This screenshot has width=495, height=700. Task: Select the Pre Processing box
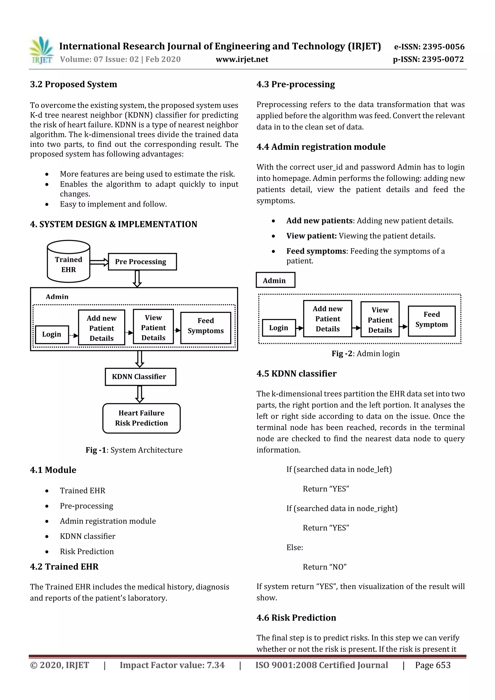tap(142, 262)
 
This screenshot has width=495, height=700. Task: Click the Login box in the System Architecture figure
tap(52, 334)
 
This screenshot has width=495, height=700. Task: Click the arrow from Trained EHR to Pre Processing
tap(99, 262)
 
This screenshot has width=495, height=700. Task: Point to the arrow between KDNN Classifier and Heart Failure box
tap(139, 394)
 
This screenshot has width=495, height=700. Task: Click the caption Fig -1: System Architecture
tap(134, 450)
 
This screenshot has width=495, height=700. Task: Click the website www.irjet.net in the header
tap(242, 59)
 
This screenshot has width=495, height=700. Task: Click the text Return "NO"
tap(325, 567)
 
